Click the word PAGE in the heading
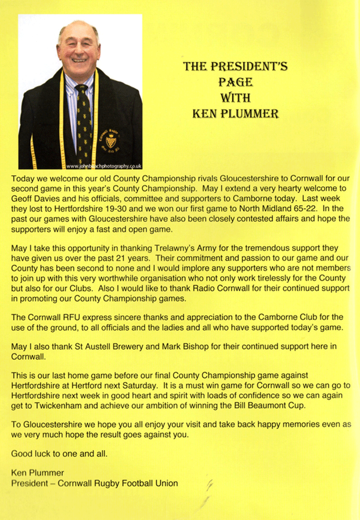click(235, 82)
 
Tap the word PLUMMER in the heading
click(255, 113)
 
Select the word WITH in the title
click(235, 98)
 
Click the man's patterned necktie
click(84, 122)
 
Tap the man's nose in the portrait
click(79, 49)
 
